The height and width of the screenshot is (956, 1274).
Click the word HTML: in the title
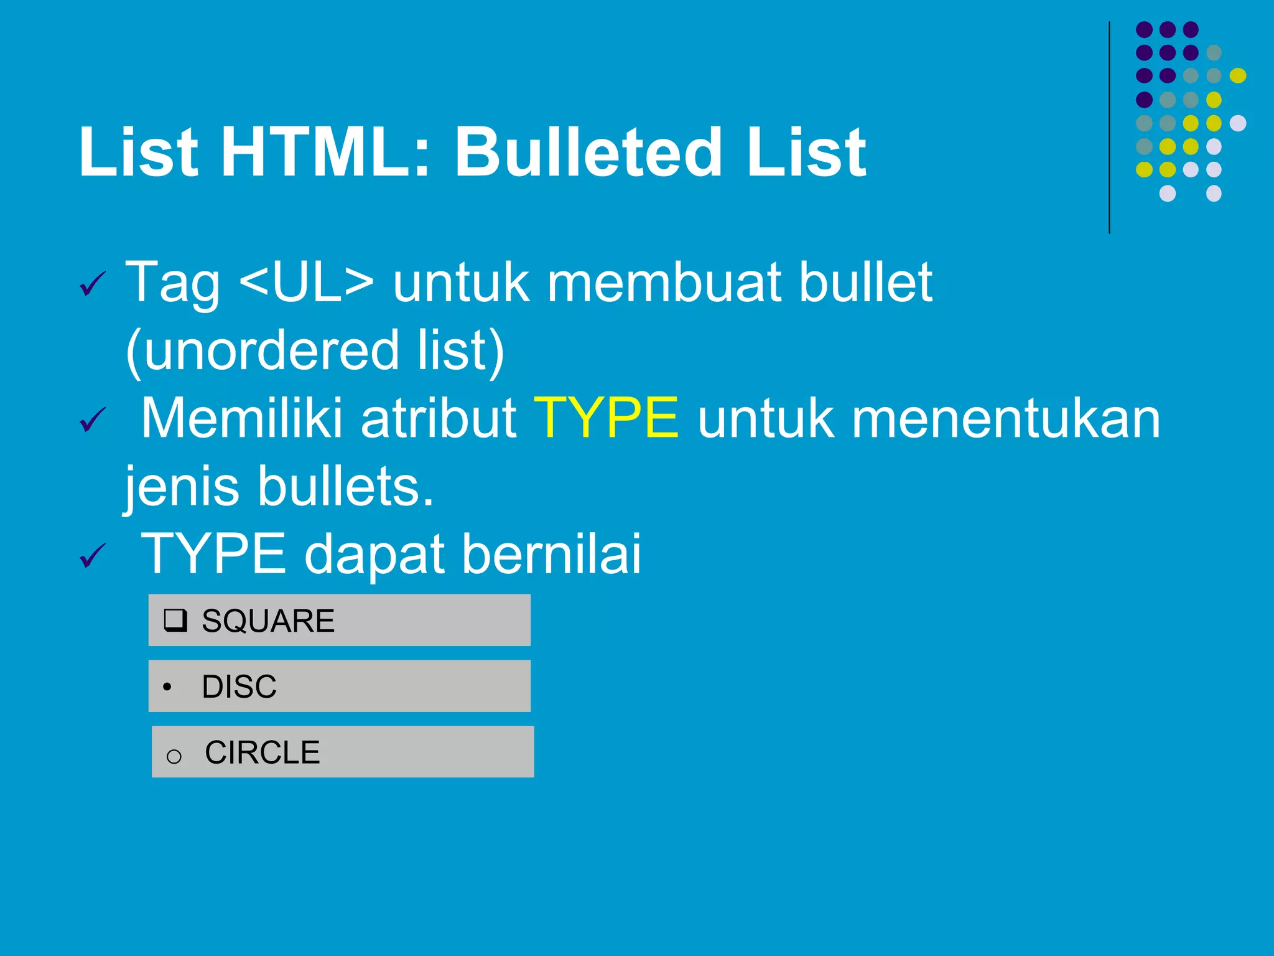tap(325, 152)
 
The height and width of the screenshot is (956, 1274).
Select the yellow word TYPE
tap(606, 418)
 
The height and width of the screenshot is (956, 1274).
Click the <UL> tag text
tap(306, 283)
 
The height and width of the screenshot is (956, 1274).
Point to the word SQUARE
tap(268, 621)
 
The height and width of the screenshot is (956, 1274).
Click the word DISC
tap(239, 687)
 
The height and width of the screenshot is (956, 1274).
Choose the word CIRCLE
tap(263, 752)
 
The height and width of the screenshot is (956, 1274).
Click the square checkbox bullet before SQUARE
tap(175, 621)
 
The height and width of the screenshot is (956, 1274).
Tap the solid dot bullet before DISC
tap(167, 688)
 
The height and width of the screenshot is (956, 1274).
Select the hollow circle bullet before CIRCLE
tap(174, 756)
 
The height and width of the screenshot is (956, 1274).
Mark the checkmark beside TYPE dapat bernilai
tap(93, 555)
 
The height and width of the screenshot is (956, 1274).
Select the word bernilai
tap(551, 553)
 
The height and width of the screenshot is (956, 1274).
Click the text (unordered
tap(262, 351)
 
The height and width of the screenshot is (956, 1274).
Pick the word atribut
tap(438, 419)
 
